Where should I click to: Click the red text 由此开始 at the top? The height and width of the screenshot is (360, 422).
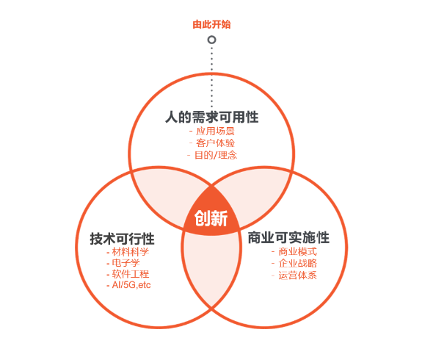(x=211, y=24)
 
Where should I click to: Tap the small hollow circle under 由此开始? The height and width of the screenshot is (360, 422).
(x=212, y=40)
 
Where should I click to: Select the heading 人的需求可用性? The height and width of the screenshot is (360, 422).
(x=212, y=118)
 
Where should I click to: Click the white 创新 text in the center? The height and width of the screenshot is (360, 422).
(x=211, y=218)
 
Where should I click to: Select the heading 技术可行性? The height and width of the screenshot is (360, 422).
(x=122, y=239)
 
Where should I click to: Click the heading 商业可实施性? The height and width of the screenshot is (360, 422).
(x=288, y=237)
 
